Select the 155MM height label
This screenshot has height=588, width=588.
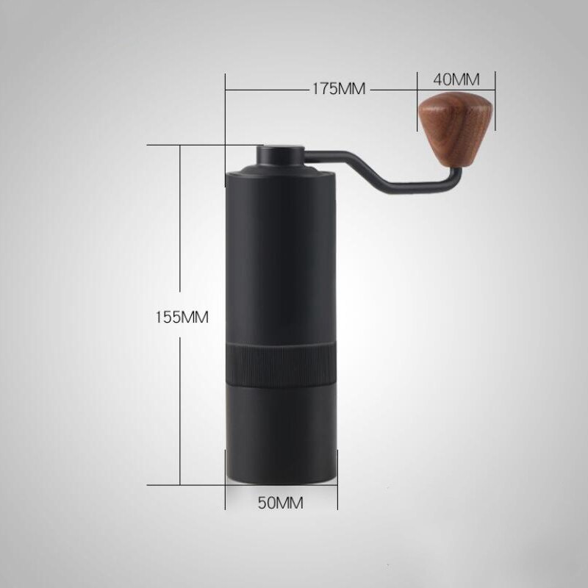pyautogui.click(x=182, y=318)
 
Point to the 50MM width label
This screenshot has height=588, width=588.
pyautogui.click(x=281, y=503)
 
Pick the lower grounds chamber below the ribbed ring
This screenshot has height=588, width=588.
pyautogui.click(x=281, y=434)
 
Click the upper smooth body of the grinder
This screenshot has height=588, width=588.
pyautogui.click(x=281, y=257)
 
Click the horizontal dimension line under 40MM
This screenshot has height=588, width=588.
pyautogui.click(x=456, y=90)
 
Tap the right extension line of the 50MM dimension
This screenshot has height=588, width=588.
pyautogui.click(x=337, y=485)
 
